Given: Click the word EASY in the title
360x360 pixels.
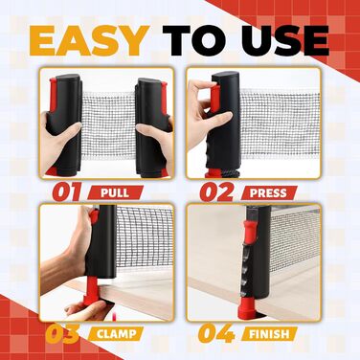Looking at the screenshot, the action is (90, 41).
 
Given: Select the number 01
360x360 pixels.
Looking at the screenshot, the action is (67, 192).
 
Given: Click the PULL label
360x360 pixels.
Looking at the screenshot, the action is (115, 192).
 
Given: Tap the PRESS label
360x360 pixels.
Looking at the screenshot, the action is (268, 192).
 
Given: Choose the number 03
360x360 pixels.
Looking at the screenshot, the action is (62, 333).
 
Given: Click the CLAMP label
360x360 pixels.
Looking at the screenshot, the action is (117, 334).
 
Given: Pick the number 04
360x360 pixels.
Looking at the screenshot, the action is (216, 333).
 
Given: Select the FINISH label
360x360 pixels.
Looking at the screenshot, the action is (269, 334).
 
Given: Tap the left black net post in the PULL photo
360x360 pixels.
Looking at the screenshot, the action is (64, 124).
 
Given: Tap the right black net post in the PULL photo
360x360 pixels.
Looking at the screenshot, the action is (152, 127).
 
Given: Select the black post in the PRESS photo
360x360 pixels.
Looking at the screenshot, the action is (225, 122).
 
